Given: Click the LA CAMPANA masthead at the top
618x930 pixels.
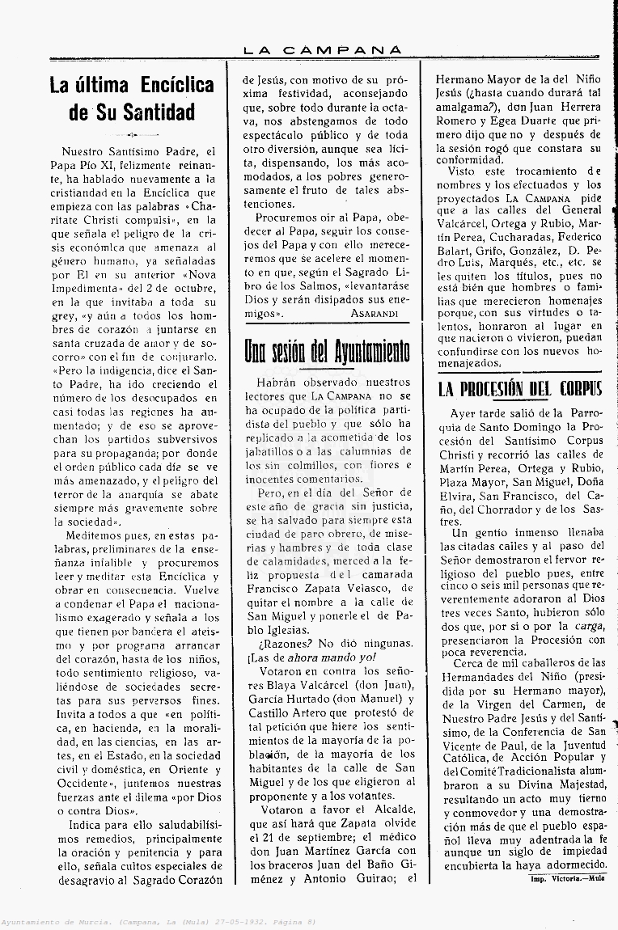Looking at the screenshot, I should pos(322,50).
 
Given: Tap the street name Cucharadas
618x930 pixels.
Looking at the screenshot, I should pos(523,237).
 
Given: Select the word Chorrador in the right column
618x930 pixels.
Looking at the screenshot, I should pos(506,509).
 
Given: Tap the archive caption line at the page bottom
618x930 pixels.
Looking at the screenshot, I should pos(158,922).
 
